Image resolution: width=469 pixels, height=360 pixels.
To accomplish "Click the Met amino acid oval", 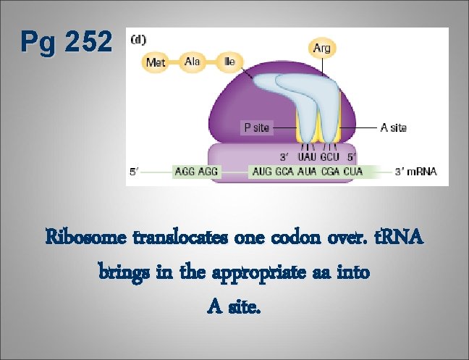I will (x=156, y=62).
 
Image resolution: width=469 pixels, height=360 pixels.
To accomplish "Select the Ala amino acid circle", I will (x=193, y=62).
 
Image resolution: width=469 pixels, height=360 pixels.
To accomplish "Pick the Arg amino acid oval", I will (x=321, y=49).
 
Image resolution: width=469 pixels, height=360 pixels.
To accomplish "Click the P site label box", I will (x=256, y=127).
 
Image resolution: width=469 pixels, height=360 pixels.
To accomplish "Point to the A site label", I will (x=393, y=127).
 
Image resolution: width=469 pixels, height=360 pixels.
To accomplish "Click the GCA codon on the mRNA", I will (x=287, y=172).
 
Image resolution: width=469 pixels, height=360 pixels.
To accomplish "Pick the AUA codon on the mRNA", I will (x=310, y=172).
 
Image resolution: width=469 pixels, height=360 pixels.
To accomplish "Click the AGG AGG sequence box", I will (x=197, y=172).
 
